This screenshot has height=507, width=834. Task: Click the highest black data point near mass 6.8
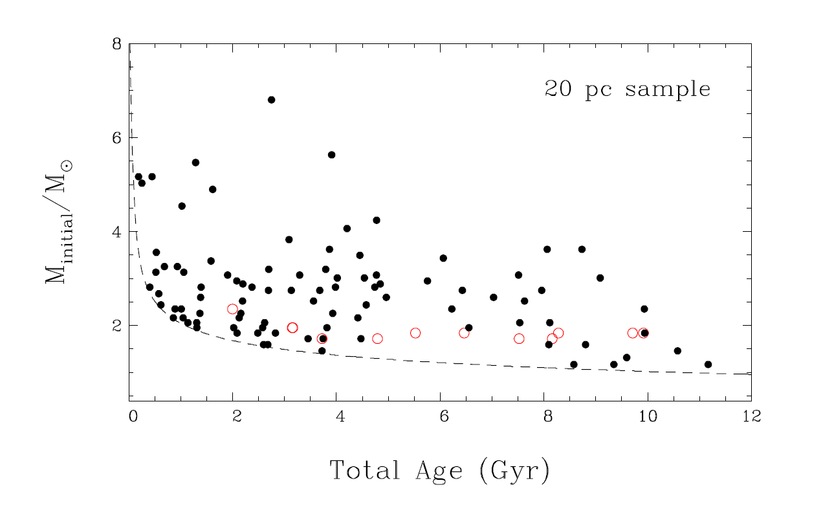click(271, 100)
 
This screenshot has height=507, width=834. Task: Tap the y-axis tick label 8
click(116, 45)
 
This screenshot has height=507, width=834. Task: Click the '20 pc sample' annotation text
click(627, 89)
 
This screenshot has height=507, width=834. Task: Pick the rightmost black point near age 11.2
click(708, 365)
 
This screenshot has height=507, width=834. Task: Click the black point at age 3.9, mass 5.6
click(331, 155)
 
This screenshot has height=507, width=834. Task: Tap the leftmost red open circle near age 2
click(233, 309)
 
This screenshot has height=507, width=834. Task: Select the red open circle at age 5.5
click(415, 333)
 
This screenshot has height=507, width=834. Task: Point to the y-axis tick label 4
click(116, 232)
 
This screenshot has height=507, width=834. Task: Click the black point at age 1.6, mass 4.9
click(212, 189)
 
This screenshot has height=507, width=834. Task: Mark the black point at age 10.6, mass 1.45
click(677, 351)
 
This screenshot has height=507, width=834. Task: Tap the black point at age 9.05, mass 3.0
click(600, 278)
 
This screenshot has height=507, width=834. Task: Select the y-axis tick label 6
click(116, 138)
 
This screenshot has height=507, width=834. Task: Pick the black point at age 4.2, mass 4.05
click(347, 229)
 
